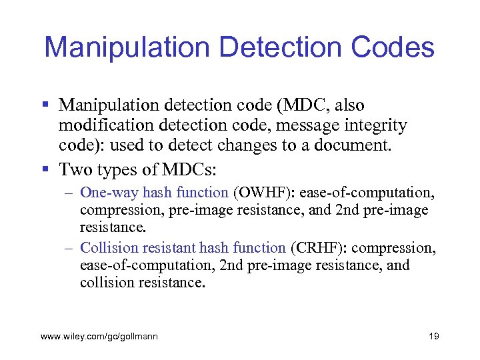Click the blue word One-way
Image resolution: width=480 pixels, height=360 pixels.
click(100, 193)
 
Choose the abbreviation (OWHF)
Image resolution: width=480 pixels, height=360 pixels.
click(264, 193)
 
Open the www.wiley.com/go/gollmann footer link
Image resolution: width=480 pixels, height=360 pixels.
click(99, 337)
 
